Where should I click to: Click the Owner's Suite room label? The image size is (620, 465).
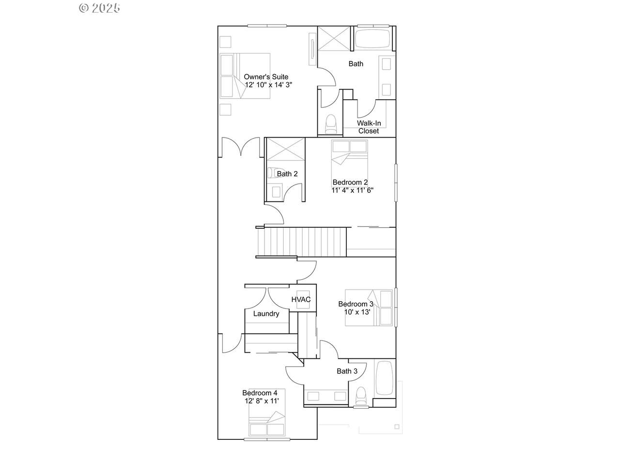[266, 77]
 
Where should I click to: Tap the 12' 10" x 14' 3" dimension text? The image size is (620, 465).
[268, 85]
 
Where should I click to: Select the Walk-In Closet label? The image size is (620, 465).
[369, 127]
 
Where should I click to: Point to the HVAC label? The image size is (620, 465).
[301, 299]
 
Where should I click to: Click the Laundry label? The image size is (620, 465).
[266, 314]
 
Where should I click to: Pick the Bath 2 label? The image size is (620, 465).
[287, 174]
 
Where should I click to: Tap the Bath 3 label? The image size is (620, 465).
[347, 371]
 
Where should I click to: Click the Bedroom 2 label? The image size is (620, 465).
[350, 182]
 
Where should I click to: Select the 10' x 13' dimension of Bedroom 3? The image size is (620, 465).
[357, 312]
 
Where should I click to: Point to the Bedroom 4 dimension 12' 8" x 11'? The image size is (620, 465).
[262, 401]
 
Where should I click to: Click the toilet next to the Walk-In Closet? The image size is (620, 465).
[331, 124]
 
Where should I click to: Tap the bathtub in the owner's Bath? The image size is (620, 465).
[372, 38]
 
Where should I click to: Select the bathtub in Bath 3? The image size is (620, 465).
[384, 378]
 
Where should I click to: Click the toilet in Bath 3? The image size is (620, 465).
[361, 396]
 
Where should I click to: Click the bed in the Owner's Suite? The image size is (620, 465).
[245, 76]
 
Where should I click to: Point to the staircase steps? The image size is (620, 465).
[302, 242]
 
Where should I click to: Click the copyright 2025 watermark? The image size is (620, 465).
[99, 8]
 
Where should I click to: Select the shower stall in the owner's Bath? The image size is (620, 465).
[334, 39]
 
